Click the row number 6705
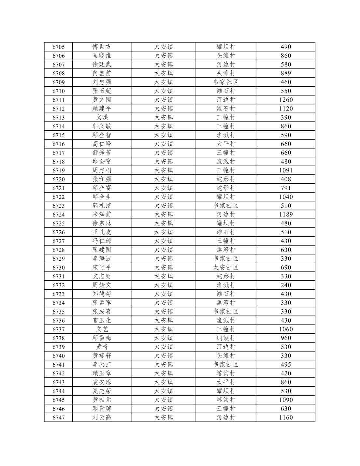(59, 47)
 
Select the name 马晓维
(102, 56)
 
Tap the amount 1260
(286, 100)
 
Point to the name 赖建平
(102, 109)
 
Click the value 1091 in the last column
(286, 170)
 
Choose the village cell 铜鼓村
(225, 338)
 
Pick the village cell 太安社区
(225, 268)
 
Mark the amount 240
(286, 285)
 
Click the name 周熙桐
(102, 170)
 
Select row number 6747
(59, 418)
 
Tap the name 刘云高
(102, 418)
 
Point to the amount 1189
(286, 214)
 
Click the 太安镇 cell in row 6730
(163, 268)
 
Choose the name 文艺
(102, 329)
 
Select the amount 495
(286, 365)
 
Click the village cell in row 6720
(225, 179)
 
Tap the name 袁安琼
(102, 382)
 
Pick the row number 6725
(59, 224)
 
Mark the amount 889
(286, 73)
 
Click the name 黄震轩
(102, 356)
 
